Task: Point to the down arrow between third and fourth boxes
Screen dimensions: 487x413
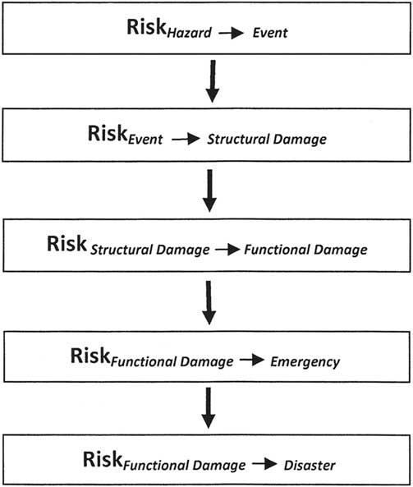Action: pos(209,303)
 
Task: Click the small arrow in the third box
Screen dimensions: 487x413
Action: pos(225,247)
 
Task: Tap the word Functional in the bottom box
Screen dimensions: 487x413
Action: pos(158,466)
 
